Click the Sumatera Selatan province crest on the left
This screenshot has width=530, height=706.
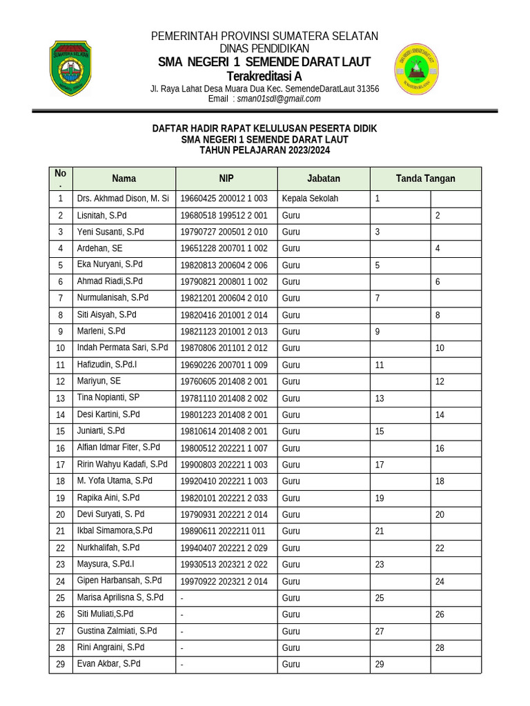tap(70, 68)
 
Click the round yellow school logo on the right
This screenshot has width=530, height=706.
tap(415, 68)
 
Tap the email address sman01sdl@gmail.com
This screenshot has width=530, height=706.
tap(279, 99)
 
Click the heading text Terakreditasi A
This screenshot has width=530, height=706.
tap(264, 76)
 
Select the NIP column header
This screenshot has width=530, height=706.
tap(226, 179)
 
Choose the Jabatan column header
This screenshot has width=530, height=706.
tap(323, 179)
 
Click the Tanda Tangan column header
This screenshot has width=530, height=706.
tap(425, 179)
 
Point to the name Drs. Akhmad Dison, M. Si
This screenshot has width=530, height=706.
tap(123, 199)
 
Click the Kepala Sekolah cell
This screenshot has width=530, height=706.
tap(310, 199)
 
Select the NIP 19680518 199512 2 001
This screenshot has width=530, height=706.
tap(224, 216)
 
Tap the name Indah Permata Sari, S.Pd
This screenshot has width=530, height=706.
tap(122, 348)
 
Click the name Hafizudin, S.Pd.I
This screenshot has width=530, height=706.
tap(107, 365)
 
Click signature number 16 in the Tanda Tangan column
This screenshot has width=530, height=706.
tap(440, 448)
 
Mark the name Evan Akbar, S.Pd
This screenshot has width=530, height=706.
tap(108, 664)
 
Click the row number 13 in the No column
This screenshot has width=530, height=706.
tap(61, 399)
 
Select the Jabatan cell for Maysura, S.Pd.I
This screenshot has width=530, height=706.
tap(291, 564)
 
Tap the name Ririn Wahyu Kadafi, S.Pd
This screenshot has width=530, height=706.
tap(122, 465)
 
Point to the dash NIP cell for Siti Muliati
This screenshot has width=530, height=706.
tap(182, 614)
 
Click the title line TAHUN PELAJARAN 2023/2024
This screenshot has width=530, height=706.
tap(264, 150)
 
